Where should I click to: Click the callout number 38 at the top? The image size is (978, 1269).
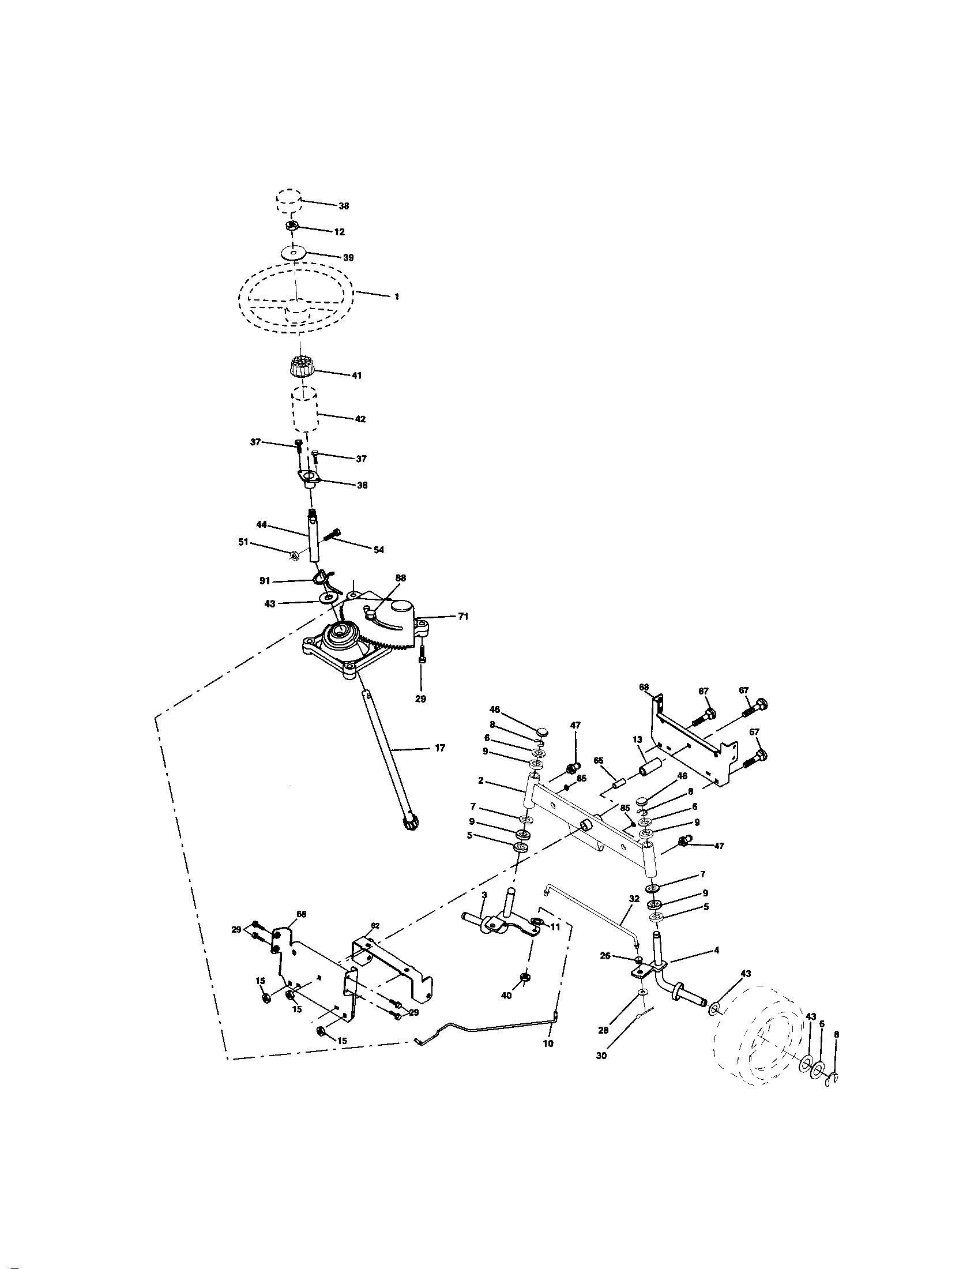tap(344, 206)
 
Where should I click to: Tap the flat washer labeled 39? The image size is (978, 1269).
tap(295, 253)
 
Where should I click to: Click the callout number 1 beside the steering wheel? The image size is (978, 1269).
tap(396, 296)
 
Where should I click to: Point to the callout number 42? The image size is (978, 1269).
tap(360, 418)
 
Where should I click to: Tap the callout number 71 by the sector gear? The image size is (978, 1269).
tap(463, 617)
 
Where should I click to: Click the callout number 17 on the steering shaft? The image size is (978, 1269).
tap(439, 748)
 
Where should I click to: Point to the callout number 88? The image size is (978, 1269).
tap(400, 577)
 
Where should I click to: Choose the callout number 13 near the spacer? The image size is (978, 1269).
tap(637, 739)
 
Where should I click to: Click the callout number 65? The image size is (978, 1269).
tap(599, 760)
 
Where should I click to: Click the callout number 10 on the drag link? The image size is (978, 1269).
tap(548, 1043)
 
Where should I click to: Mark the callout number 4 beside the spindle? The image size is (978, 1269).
tap(717, 950)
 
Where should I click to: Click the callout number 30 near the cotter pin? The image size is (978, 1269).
tap(601, 1056)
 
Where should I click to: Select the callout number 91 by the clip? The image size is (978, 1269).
tap(264, 580)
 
